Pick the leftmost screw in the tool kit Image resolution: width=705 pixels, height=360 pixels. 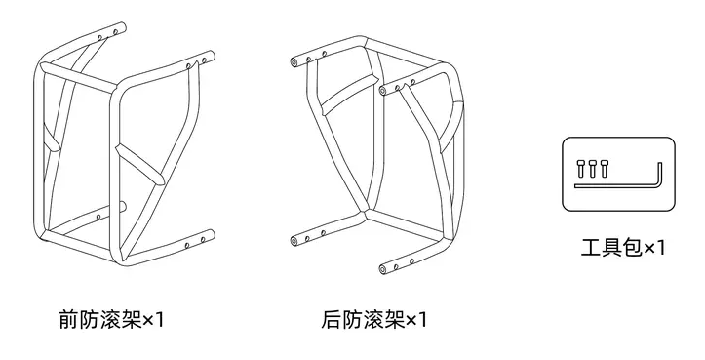point(580,168)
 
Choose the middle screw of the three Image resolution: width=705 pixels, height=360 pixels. point(592,168)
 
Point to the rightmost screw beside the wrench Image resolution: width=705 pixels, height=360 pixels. point(604,168)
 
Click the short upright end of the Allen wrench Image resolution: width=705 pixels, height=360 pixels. point(659,174)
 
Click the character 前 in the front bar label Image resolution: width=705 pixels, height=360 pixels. point(69,319)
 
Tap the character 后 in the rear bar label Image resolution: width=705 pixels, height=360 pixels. point(332,319)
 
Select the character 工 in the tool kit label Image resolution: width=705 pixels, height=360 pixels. point(592,248)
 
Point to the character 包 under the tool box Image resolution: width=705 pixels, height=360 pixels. point(633,248)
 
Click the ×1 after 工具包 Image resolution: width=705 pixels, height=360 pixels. point(654,248)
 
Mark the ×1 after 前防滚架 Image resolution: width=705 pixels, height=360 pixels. point(154,320)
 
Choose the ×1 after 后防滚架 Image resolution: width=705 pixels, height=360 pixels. point(416,320)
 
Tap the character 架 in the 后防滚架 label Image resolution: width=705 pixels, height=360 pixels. point(395,319)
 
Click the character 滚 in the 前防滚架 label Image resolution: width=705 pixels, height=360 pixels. point(111,319)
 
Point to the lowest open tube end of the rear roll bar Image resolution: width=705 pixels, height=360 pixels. point(383,270)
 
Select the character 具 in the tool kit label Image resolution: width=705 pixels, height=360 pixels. point(612,248)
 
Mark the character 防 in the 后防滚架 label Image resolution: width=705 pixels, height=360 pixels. point(353,319)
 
